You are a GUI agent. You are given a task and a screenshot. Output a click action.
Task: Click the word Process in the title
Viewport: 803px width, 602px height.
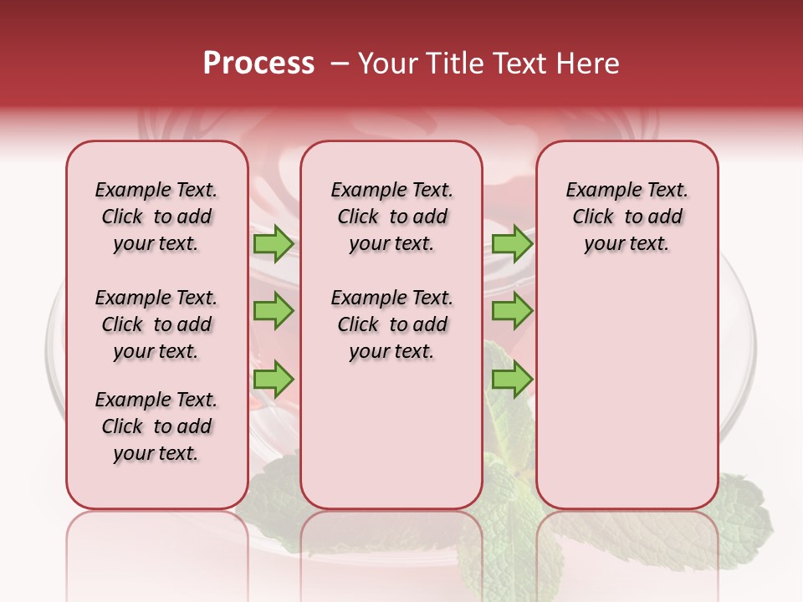(x=258, y=64)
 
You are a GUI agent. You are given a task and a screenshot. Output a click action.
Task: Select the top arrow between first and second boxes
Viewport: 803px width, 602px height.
(x=274, y=243)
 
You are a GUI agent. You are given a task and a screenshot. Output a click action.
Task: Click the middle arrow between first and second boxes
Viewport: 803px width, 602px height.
(x=274, y=311)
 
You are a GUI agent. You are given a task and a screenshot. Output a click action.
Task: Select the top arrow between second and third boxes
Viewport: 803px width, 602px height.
(x=512, y=243)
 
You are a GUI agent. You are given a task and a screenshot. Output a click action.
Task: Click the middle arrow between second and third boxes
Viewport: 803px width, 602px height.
(x=512, y=311)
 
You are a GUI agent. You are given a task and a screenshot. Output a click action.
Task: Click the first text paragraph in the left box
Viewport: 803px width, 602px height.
(x=156, y=217)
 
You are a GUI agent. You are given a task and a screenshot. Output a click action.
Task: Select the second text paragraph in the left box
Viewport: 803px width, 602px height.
(x=156, y=324)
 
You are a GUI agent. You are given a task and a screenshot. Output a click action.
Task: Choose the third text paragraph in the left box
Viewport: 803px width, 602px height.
(x=156, y=426)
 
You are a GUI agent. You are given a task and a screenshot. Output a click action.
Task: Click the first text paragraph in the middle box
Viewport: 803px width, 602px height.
(x=391, y=217)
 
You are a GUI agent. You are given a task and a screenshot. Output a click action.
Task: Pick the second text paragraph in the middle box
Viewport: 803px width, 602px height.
(x=391, y=324)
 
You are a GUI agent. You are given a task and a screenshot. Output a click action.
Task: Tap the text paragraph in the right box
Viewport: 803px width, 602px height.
(x=627, y=217)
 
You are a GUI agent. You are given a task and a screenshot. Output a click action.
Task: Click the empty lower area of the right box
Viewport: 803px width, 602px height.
(x=627, y=401)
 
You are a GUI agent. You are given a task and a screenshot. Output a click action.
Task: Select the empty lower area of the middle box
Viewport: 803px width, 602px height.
(x=391, y=443)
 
